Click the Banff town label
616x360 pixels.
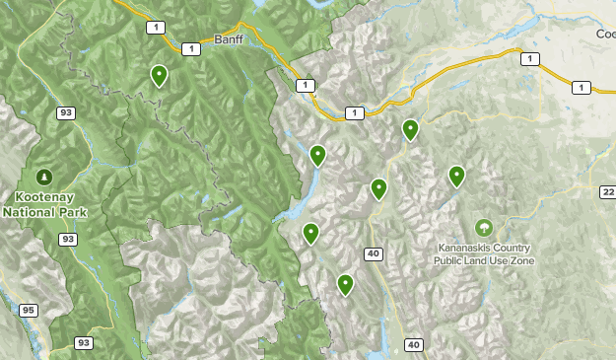[x=228, y=40]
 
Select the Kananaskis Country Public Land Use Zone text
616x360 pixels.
[x=483, y=254]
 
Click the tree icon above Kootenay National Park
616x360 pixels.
[x=43, y=177]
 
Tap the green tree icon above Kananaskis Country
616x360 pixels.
[x=483, y=227]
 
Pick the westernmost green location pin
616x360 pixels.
[x=159, y=75]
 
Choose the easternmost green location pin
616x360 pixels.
[x=456, y=176]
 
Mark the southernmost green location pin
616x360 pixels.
[x=345, y=284]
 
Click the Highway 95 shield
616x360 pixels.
[x=28, y=311]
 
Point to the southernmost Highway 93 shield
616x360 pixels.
[x=85, y=342]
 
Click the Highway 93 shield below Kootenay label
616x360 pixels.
[x=68, y=240]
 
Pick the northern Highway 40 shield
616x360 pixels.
[x=373, y=253]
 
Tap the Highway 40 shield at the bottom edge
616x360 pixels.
[x=413, y=344]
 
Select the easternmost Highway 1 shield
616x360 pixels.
[x=581, y=88]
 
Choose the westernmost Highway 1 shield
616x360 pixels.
[x=155, y=28]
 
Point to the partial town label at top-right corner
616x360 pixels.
[x=604, y=34]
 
